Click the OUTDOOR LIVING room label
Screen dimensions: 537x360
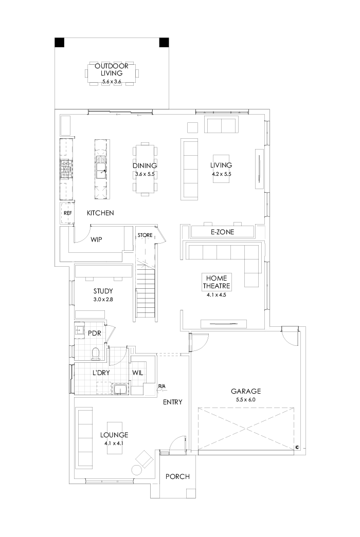point(112,70)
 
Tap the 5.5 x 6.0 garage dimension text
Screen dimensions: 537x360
point(246,399)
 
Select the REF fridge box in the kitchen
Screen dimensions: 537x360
point(67,213)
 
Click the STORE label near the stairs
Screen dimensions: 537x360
point(145,235)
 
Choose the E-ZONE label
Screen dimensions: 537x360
point(222,232)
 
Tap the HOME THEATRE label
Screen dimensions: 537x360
point(216,282)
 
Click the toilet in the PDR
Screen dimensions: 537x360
point(95,353)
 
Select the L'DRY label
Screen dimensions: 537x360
point(101,372)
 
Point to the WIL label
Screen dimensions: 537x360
point(137,372)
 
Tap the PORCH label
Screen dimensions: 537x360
point(177,477)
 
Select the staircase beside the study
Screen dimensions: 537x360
point(146,293)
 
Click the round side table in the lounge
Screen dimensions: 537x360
point(137,469)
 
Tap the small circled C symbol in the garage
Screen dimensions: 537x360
point(297,448)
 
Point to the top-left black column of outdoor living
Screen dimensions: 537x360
point(60,42)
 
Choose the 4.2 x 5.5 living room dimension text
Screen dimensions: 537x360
point(222,174)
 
